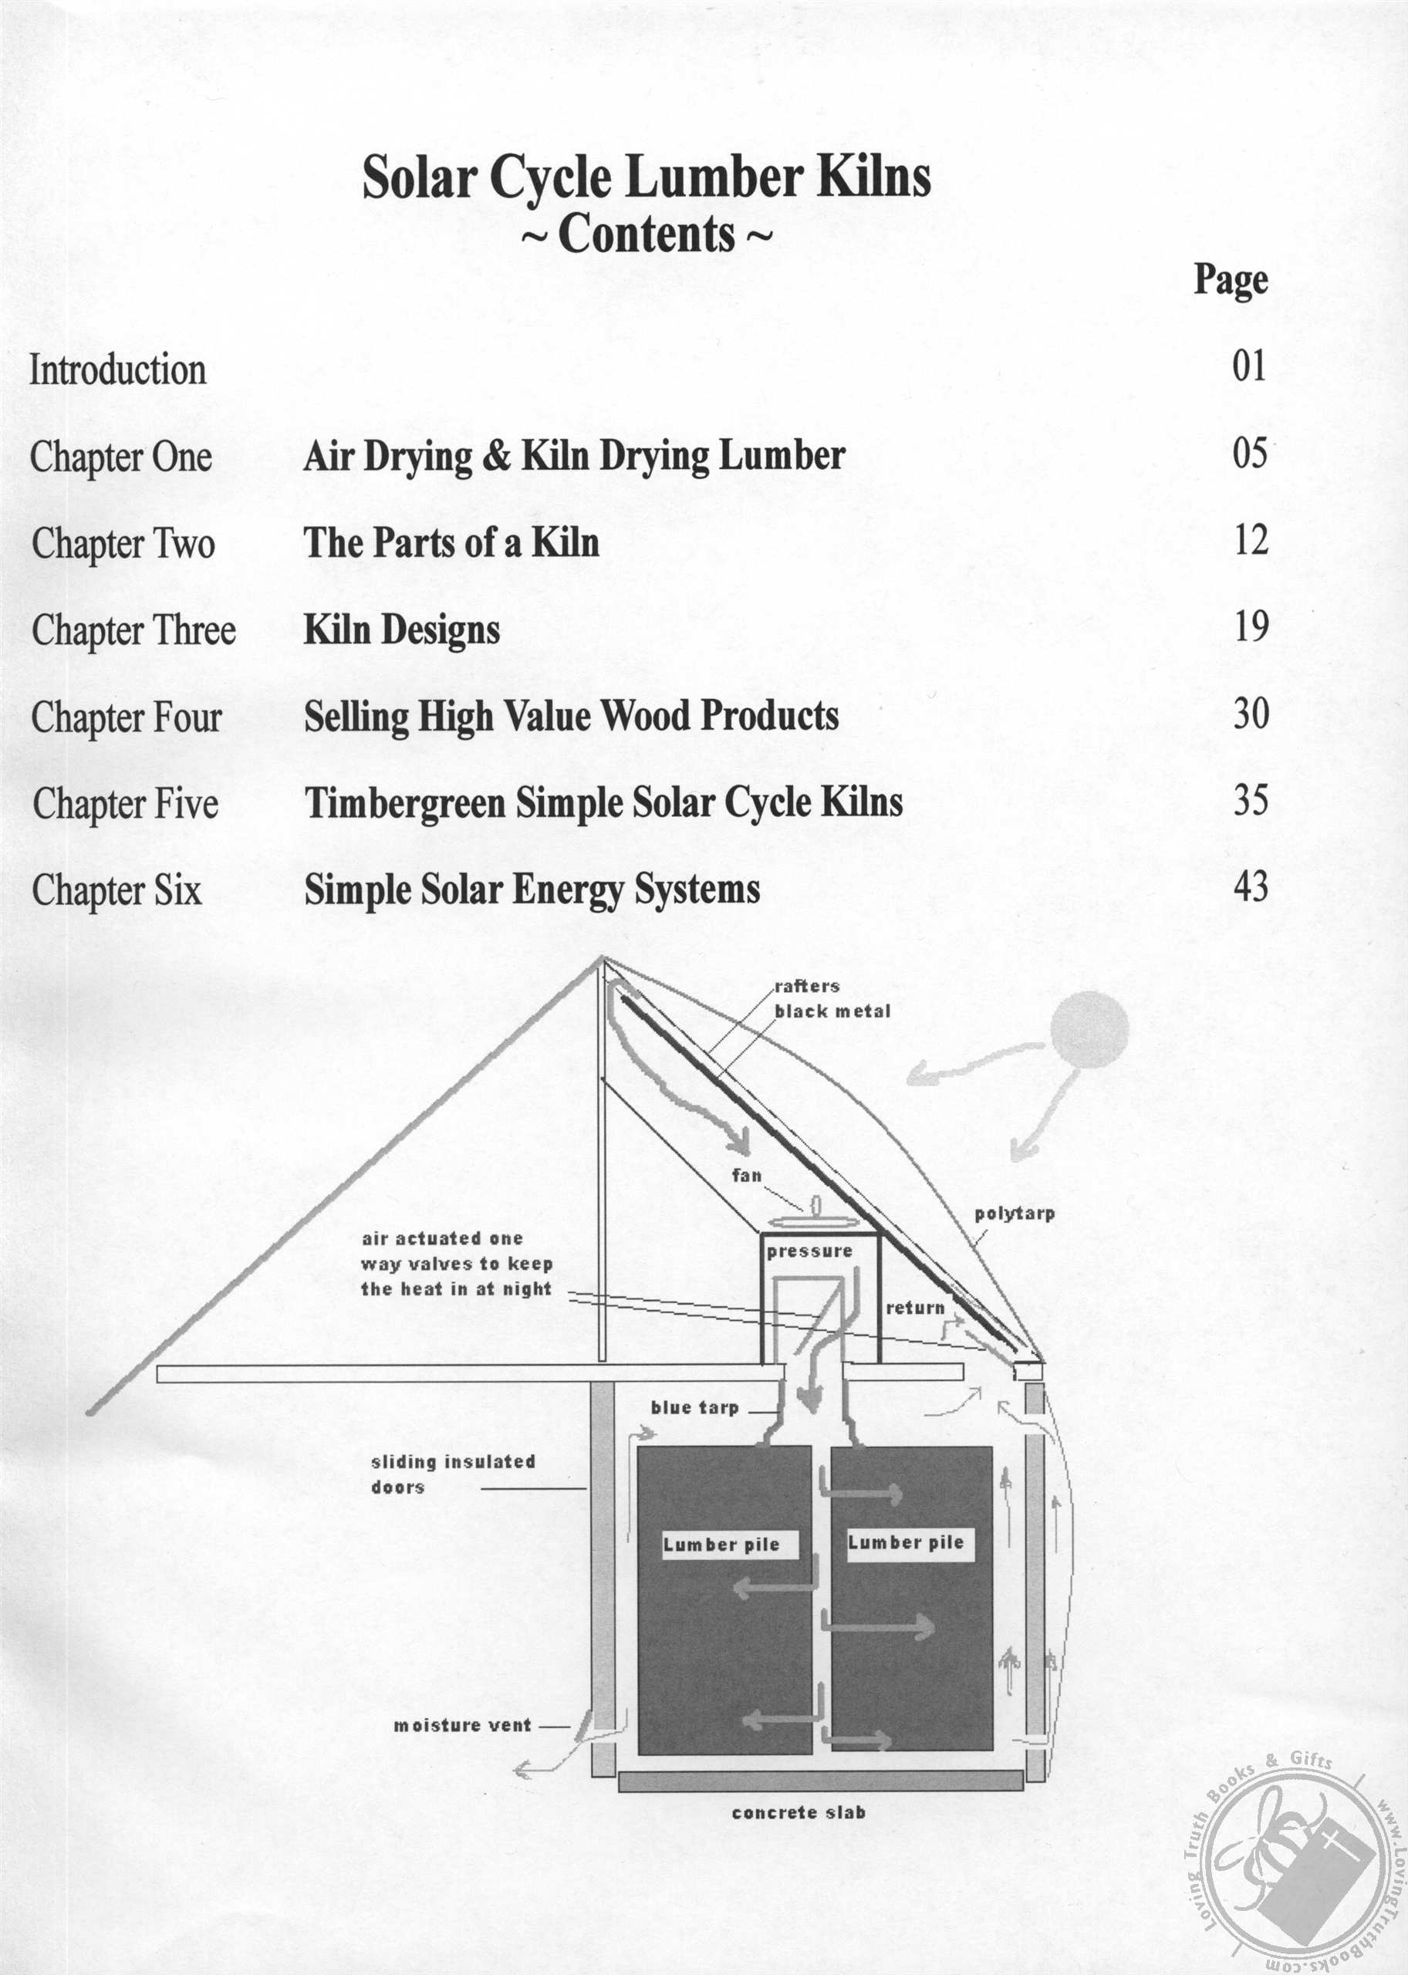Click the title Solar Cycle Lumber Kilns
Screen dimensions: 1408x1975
pyautogui.click(x=647, y=177)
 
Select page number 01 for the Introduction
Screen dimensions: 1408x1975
pyautogui.click(x=1249, y=366)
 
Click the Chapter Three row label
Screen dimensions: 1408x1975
pyautogui.click(x=133, y=630)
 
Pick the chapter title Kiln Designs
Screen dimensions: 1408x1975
pyautogui.click(x=401, y=630)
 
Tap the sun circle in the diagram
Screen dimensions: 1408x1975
pyautogui.click(x=1089, y=1031)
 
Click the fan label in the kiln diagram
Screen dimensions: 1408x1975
pyautogui.click(x=747, y=1176)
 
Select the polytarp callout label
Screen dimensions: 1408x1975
pyautogui.click(x=1015, y=1214)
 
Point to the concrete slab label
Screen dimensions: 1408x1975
pyautogui.click(x=799, y=1813)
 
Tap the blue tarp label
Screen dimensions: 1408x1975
pyautogui.click(x=694, y=1408)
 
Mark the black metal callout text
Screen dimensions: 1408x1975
pyautogui.click(x=832, y=1011)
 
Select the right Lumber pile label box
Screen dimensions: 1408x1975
pyautogui.click(x=910, y=1543)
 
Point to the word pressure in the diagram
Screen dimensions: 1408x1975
pyautogui.click(x=809, y=1252)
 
